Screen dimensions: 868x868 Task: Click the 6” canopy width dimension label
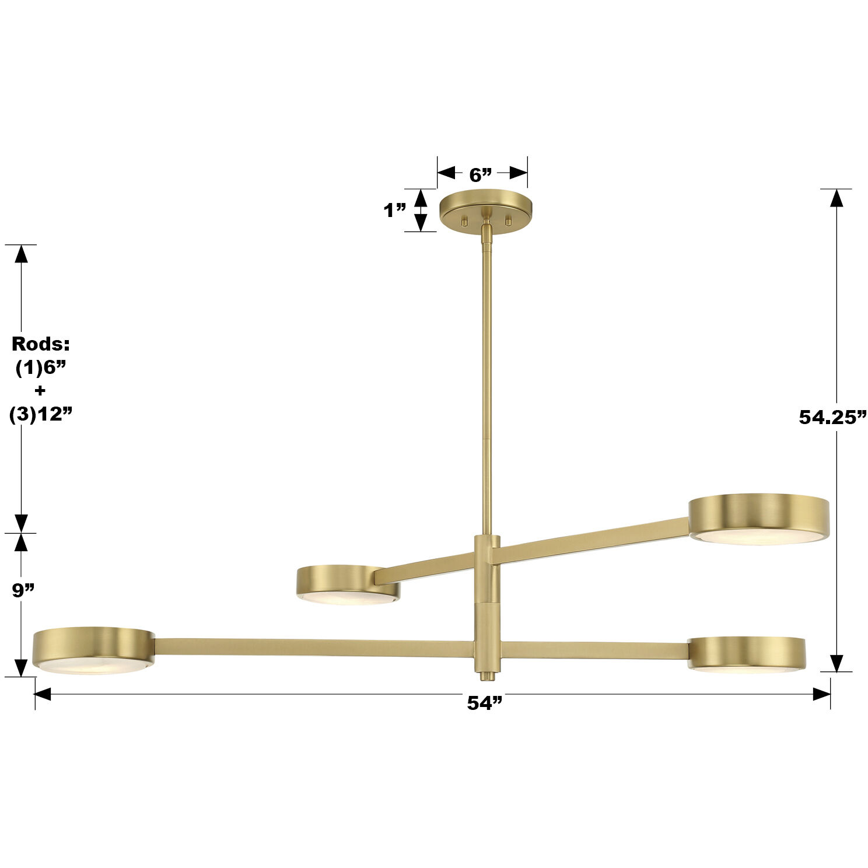click(x=481, y=174)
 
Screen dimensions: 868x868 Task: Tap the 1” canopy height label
click(x=395, y=210)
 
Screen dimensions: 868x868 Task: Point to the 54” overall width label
click(x=484, y=703)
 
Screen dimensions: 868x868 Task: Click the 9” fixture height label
click(x=24, y=590)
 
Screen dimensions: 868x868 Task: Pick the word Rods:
click(x=41, y=344)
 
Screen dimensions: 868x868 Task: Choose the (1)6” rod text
click(x=41, y=367)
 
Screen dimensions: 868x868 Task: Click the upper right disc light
click(x=758, y=519)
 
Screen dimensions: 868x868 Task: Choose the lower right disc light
click(x=747, y=654)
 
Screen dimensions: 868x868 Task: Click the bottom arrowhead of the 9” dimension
click(x=21, y=667)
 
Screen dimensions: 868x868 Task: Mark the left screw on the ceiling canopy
click(x=465, y=220)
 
